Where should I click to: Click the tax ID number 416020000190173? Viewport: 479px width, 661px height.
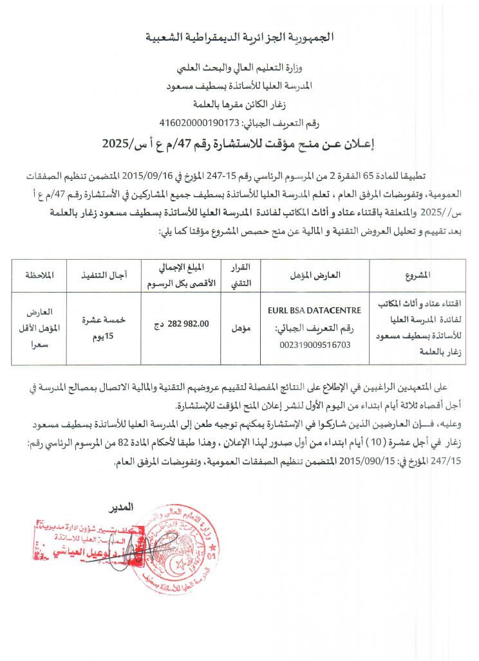200,123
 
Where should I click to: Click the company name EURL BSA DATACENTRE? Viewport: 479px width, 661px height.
314,311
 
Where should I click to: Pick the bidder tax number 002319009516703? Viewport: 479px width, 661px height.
314,345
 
